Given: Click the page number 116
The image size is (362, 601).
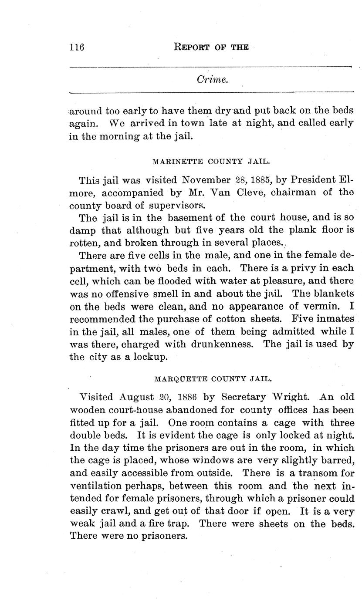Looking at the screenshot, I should click(x=77, y=47).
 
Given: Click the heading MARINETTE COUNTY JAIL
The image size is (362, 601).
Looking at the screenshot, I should click(x=211, y=161).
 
